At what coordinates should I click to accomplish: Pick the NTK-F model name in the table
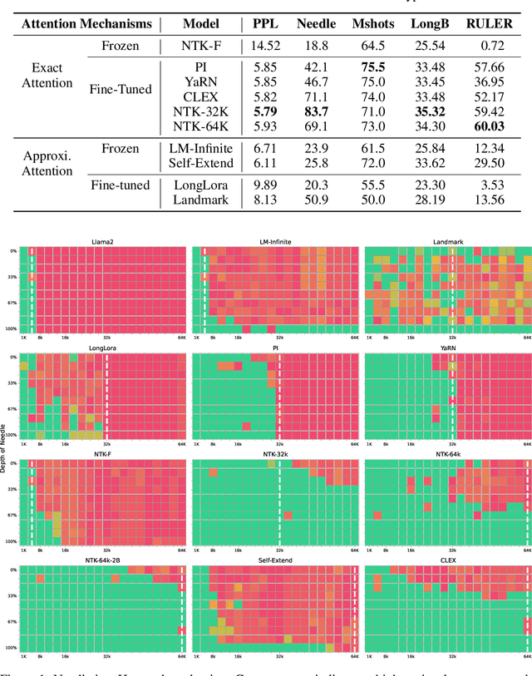[200, 48]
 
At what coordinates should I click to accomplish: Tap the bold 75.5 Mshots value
[369, 66]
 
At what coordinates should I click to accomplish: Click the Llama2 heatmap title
[103, 242]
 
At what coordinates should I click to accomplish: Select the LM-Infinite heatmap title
[276, 242]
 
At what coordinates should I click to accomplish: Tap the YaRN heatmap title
[448, 348]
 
